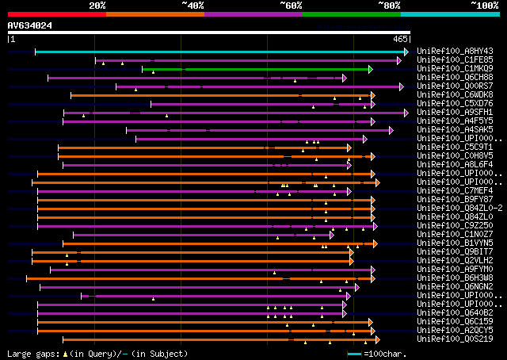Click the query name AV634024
pyautogui.click(x=30, y=25)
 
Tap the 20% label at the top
pyautogui.click(x=97, y=5)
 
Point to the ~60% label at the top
pyautogui.click(x=291, y=5)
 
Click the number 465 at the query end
pyautogui.click(x=399, y=38)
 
